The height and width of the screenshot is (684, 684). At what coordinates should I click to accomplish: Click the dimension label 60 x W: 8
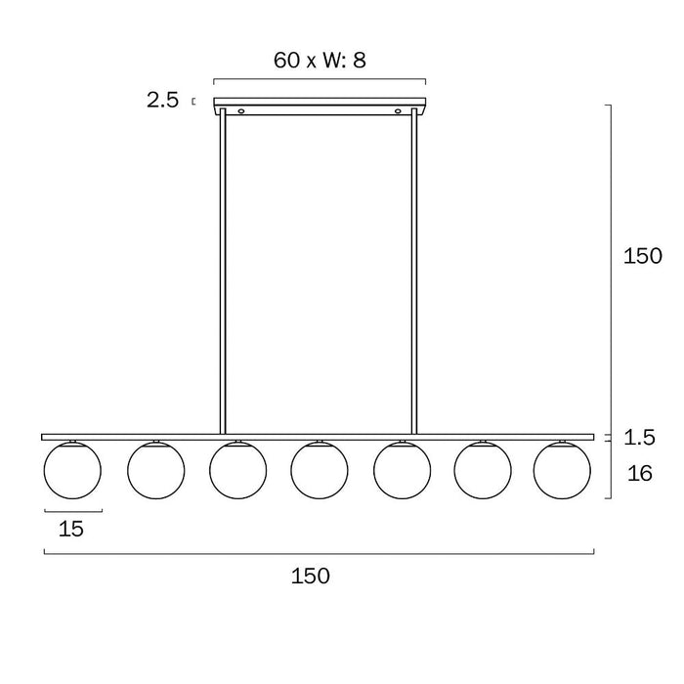click(x=320, y=61)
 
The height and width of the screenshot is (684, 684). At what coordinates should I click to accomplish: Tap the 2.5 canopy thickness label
click(x=162, y=101)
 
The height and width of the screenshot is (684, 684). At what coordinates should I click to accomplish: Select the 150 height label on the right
click(x=643, y=256)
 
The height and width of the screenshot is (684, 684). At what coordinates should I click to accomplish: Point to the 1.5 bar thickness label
click(x=639, y=437)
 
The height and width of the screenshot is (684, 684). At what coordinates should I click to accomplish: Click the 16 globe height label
click(x=639, y=473)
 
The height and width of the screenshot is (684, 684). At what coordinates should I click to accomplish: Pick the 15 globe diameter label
click(x=70, y=529)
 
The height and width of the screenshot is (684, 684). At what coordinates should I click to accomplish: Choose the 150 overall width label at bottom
click(x=310, y=576)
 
